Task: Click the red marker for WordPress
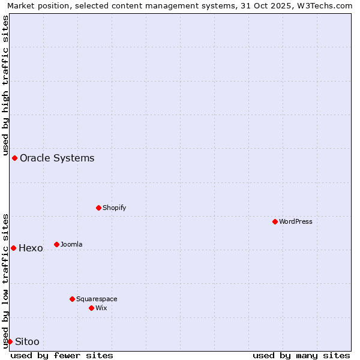click(275, 221)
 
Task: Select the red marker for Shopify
click(99, 208)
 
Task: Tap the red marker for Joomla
click(57, 244)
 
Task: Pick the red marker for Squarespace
click(73, 299)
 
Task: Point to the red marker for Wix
click(92, 308)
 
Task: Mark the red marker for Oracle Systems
click(15, 158)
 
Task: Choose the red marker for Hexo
click(14, 248)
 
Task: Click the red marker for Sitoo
click(10, 341)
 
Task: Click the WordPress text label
click(296, 221)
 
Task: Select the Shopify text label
click(115, 208)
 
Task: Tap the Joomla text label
click(71, 244)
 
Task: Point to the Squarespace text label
click(97, 299)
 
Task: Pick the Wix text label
click(101, 308)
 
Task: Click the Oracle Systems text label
click(57, 158)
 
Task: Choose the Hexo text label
click(31, 248)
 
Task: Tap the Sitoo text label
click(27, 341)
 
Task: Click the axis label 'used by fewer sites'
click(62, 355)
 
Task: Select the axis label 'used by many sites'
click(301, 355)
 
